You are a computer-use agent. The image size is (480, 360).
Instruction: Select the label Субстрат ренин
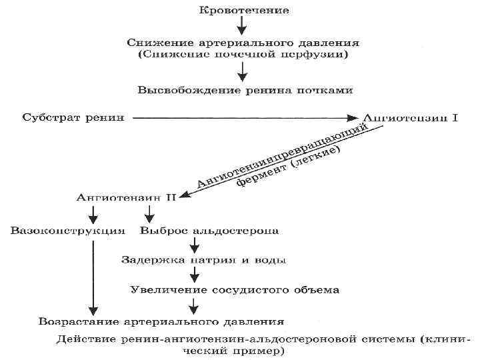pos(73,118)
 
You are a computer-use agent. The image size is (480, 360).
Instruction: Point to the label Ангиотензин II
pos(125,198)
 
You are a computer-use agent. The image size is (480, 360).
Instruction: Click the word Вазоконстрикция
pos(68,231)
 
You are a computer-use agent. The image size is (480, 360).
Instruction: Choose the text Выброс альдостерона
pos(209,231)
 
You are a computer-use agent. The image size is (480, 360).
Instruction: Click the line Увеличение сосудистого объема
pos(235,290)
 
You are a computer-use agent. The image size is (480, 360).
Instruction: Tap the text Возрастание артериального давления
pos(161,321)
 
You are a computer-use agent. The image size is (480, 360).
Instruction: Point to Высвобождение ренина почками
pos(245,89)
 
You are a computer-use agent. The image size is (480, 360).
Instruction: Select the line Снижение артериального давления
pos(244,42)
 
